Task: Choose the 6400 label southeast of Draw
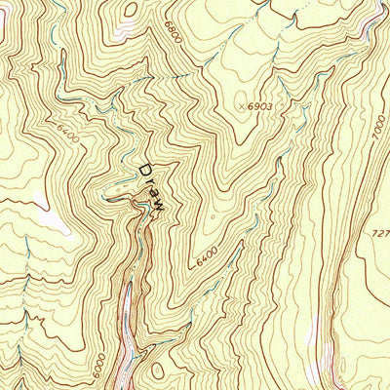(x=206, y=260)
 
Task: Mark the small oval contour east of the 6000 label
(x=156, y=371)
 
